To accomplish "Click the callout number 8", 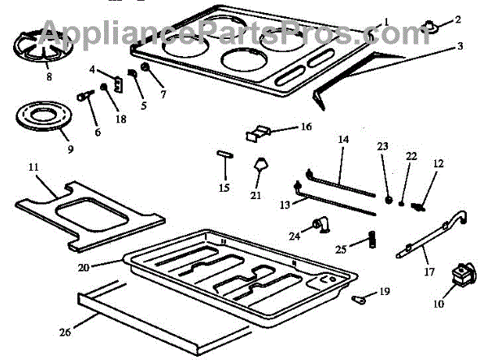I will [49, 78].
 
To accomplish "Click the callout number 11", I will [33, 167].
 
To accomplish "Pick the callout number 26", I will [65, 331].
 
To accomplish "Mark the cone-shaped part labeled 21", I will [261, 167].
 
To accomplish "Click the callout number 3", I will [460, 46].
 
